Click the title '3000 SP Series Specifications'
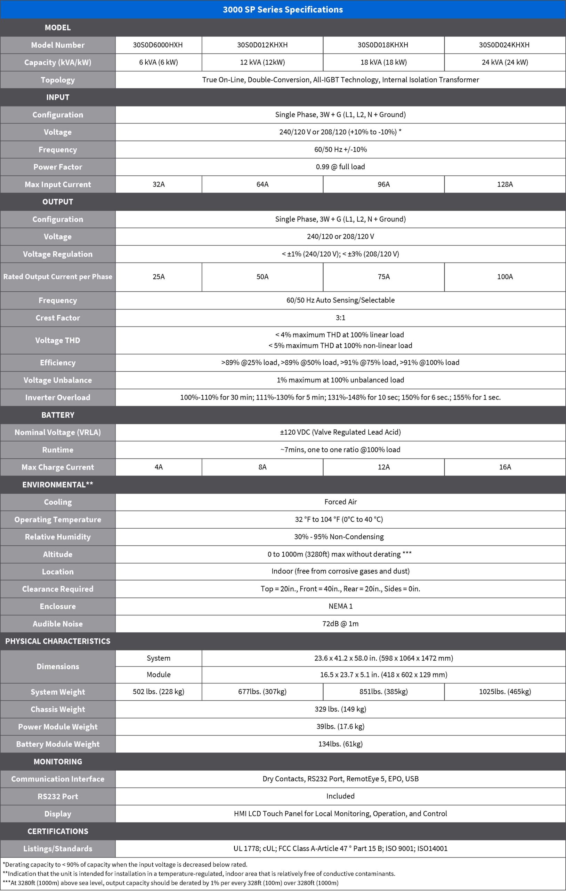[x=283, y=10]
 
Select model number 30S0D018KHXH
[x=383, y=45]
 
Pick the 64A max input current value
[x=262, y=184]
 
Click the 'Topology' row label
[x=58, y=80]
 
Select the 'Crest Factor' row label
[x=58, y=318]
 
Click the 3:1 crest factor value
[x=340, y=318]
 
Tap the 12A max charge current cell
[x=383, y=467]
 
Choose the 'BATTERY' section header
[x=58, y=415]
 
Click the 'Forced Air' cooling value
[x=340, y=502]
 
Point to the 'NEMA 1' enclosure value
[x=340, y=606]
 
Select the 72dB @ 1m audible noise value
[x=340, y=623]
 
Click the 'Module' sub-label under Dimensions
[x=159, y=675]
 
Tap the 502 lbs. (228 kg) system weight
[x=159, y=692]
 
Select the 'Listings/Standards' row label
[x=58, y=849]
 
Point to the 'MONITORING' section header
[x=58, y=762]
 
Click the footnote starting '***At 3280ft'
[x=170, y=883]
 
